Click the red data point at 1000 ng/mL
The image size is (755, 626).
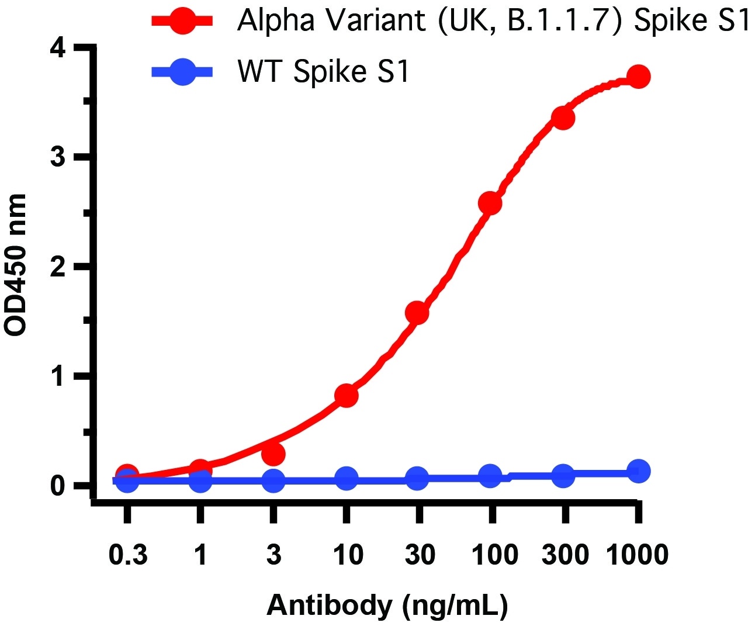(638, 77)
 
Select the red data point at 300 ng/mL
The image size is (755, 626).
(563, 118)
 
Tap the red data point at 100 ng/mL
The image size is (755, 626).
(490, 203)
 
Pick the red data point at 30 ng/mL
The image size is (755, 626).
(417, 313)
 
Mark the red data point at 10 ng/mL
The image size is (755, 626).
(346, 396)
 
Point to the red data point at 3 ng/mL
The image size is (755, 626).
(273, 454)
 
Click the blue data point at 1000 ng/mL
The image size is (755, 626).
(638, 471)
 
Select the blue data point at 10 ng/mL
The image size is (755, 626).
(346, 479)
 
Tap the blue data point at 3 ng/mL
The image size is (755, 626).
(273, 481)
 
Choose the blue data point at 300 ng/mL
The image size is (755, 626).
(563, 475)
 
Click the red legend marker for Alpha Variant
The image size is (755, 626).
(182, 21)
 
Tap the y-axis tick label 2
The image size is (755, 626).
(57, 267)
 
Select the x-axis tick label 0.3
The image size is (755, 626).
(128, 554)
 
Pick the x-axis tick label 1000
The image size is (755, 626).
(637, 554)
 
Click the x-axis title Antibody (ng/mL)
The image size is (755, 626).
(387, 606)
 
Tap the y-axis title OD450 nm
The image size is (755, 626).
(16, 265)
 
